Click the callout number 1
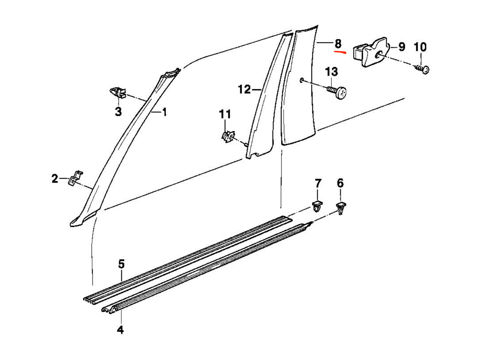(164, 112)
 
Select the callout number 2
(55, 178)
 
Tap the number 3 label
(118, 112)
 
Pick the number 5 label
(121, 264)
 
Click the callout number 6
(340, 183)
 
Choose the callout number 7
(318, 183)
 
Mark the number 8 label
(338, 44)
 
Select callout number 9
(401, 47)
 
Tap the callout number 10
(420, 47)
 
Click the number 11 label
(225, 114)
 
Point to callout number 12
(244, 89)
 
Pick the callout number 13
(331, 72)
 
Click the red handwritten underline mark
(340, 52)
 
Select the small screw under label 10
(422, 69)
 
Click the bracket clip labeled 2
(76, 178)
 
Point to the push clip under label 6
(341, 209)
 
